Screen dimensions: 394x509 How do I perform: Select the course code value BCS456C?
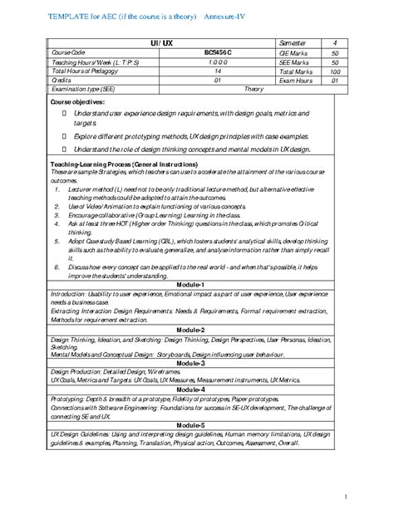pos(217,51)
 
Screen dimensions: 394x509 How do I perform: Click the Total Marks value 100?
pos(334,71)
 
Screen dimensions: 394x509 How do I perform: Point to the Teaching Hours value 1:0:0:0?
pos(217,61)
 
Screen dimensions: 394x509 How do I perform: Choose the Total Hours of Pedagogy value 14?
pos(217,71)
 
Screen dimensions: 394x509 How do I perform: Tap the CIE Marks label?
pos(293,51)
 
